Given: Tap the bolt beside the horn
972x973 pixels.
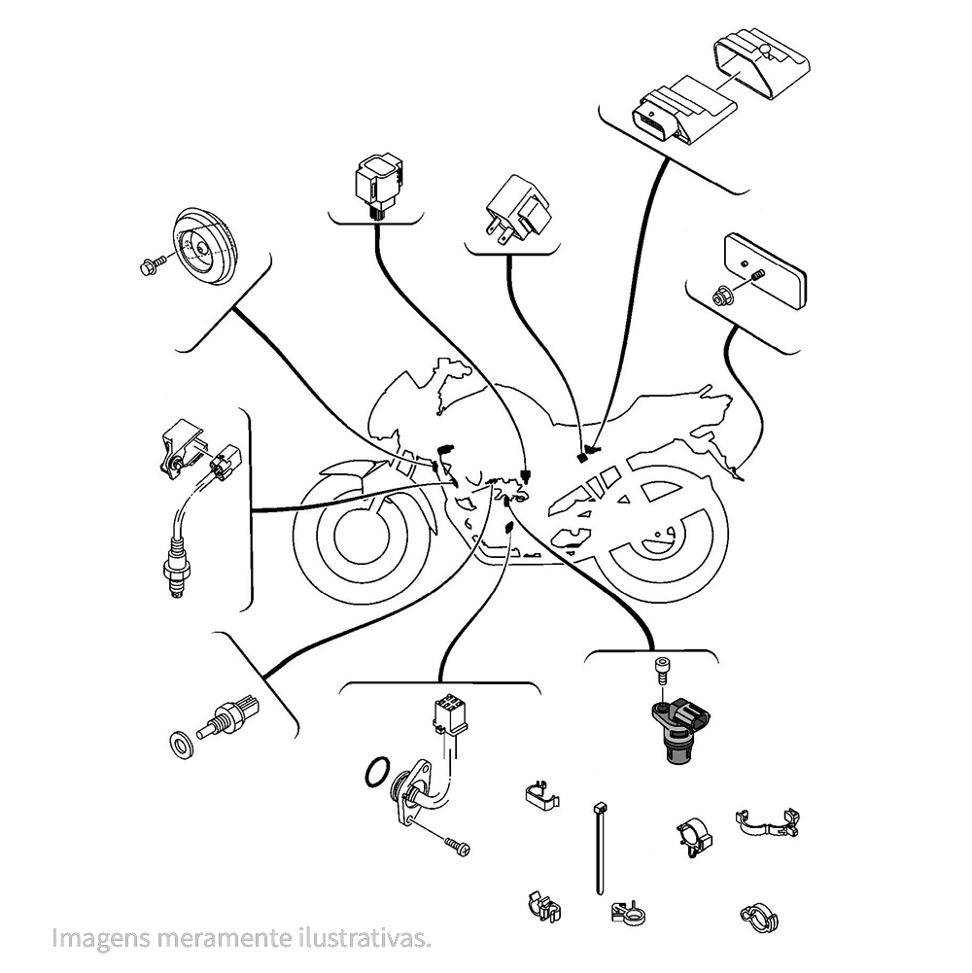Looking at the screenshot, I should point(154,264).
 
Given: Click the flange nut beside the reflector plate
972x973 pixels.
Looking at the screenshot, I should point(722,294).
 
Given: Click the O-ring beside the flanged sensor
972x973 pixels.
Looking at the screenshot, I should point(376,774).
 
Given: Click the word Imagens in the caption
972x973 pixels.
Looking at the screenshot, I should point(95,939).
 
